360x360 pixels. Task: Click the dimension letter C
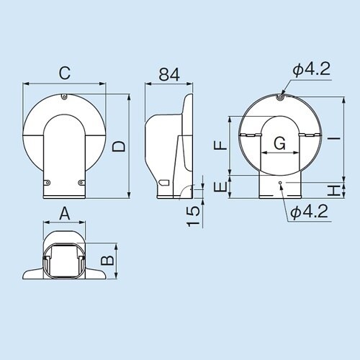click(x=64, y=73)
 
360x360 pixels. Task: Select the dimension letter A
click(x=64, y=214)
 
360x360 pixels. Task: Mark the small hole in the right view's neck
click(x=281, y=184)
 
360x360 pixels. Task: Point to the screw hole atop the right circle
click(x=281, y=93)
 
